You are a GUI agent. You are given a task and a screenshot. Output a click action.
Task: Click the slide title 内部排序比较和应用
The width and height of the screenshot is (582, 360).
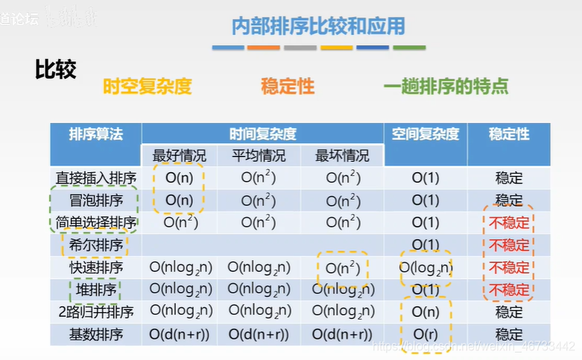pos(319,27)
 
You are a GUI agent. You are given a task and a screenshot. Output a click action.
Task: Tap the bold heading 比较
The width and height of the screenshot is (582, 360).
pos(55,69)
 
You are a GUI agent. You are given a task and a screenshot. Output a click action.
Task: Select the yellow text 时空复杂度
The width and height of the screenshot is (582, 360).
pos(147,86)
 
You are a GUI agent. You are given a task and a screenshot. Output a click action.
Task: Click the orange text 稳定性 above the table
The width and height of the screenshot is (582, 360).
pos(288,86)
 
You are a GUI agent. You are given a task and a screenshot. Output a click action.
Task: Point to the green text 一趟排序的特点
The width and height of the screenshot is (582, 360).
pos(446,86)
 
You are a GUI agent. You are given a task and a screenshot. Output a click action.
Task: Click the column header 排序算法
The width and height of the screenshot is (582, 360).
pos(95,134)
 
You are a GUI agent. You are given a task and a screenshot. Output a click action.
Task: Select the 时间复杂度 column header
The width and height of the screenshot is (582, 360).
pos(263,134)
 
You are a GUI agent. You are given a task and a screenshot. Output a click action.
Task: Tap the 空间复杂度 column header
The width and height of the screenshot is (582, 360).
pos(426,134)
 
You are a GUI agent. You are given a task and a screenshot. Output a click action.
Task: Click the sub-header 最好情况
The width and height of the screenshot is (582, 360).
pos(179,156)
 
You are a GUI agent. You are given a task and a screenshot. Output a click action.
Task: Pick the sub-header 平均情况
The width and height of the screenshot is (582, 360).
pos(259,156)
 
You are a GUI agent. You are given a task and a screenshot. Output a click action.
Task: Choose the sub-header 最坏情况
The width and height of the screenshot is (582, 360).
pos(342,156)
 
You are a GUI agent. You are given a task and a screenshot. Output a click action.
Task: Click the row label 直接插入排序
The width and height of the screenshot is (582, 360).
pos(96,178)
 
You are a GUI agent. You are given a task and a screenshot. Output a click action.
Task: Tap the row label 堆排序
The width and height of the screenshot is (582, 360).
pos(95,290)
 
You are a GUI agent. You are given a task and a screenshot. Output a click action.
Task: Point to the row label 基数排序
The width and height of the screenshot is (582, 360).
pos(95,335)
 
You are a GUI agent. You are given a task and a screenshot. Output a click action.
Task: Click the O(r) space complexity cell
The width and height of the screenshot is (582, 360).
pos(426,335)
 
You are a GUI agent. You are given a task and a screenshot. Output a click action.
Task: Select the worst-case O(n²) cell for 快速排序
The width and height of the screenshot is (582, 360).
pos(343,268)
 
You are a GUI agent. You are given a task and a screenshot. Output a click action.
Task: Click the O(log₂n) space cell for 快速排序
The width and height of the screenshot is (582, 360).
pos(426,268)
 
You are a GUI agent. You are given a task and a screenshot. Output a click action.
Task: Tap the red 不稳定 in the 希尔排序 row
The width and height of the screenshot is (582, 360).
pos(509,245)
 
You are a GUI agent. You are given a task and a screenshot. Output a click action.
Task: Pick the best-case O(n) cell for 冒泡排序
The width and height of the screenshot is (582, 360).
pos(179,200)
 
